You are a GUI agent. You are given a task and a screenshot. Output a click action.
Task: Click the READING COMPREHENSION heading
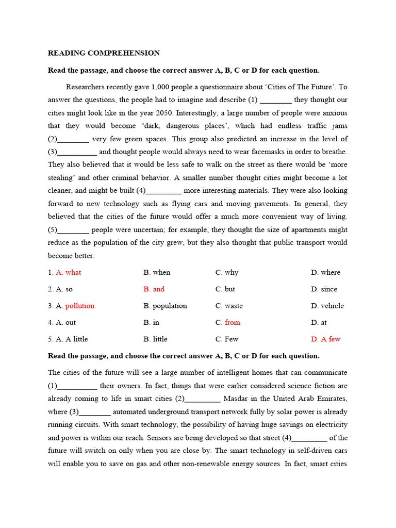[x=104, y=53]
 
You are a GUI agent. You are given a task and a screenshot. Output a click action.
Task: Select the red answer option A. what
[x=68, y=272]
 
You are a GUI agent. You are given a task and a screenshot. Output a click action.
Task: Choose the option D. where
[x=325, y=272]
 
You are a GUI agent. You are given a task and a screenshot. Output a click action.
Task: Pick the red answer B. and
[x=154, y=289]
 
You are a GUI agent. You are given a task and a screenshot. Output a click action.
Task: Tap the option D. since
[x=324, y=289]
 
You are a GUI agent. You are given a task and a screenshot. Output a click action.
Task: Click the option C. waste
[x=229, y=306]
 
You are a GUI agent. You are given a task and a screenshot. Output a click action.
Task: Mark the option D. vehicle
[x=327, y=306]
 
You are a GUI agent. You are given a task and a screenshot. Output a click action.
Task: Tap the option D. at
[x=319, y=322]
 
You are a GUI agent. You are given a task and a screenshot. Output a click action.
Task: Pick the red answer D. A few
[x=325, y=339]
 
